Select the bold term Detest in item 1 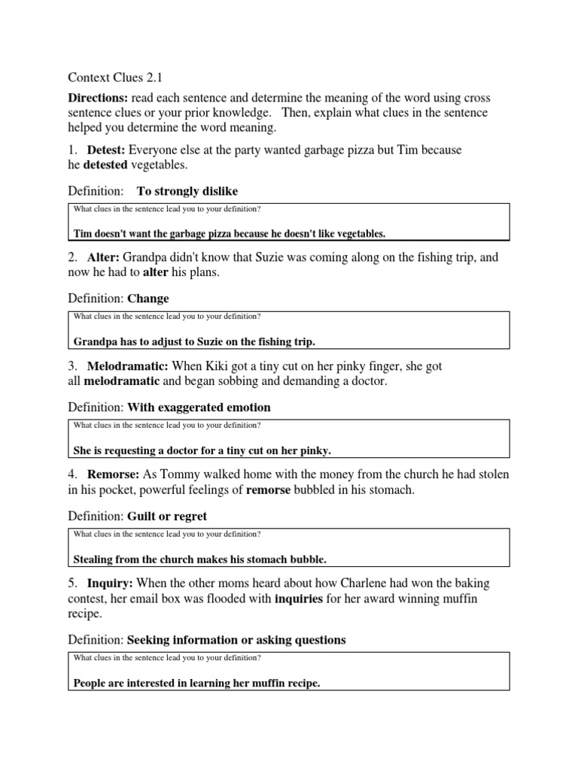tap(104, 150)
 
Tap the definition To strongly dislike tap(187, 191)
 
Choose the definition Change tap(148, 299)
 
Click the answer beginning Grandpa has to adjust tap(194, 341)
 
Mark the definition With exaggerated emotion tap(199, 408)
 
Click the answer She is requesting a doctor tap(202, 450)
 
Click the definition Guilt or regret tap(167, 517)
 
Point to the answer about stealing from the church tap(199, 559)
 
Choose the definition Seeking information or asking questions tap(236, 641)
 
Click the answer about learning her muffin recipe tap(196, 684)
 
